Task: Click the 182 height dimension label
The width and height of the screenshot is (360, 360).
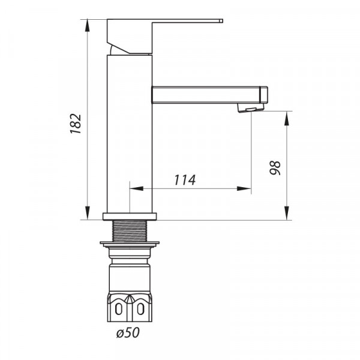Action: pos(76,122)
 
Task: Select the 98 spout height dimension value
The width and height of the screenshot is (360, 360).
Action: pos(275,167)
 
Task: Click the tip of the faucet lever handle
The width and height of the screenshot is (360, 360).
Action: pos(220,21)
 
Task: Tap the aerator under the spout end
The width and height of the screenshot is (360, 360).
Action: pos(250,108)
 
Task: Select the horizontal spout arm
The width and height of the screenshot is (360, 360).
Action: pos(204,95)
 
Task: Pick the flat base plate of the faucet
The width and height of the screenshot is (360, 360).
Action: pos(130,216)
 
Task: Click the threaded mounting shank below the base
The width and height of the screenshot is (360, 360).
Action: pos(130,230)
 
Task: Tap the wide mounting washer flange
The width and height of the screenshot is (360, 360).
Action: pos(130,244)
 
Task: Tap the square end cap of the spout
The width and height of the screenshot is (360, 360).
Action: pos(263,95)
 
